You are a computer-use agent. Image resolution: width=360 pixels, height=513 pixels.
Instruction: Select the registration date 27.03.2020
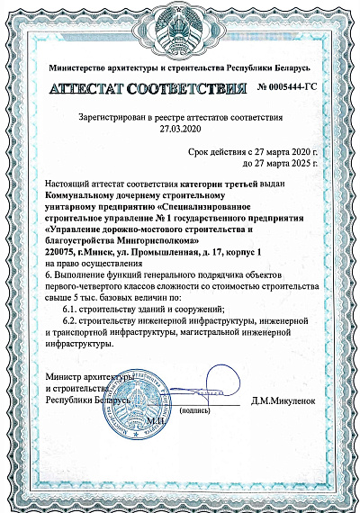[x=180, y=128]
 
